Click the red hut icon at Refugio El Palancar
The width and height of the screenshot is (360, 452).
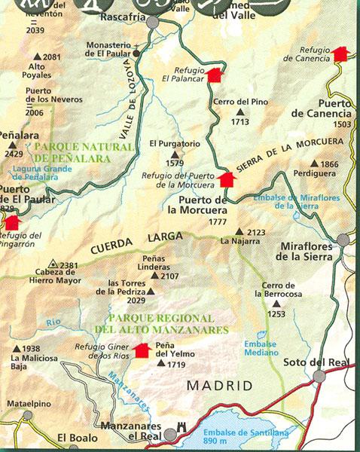click(x=215, y=74)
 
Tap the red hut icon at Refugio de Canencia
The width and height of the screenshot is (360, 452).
click(x=340, y=53)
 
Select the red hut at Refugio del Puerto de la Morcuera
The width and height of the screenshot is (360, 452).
click(x=226, y=179)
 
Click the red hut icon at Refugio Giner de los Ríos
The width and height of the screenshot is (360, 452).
click(x=141, y=350)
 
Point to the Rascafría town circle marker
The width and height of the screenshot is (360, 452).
click(x=153, y=23)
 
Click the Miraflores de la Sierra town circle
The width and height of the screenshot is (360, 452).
click(x=343, y=240)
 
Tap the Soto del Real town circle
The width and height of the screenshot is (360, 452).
click(x=319, y=376)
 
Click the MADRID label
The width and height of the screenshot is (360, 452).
click(x=219, y=386)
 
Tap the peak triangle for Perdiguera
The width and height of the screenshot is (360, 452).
click(x=314, y=163)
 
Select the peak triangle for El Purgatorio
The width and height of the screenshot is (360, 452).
click(x=169, y=153)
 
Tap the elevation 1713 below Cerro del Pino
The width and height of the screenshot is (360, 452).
click(x=240, y=121)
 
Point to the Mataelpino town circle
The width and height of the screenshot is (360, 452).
click(x=28, y=415)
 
